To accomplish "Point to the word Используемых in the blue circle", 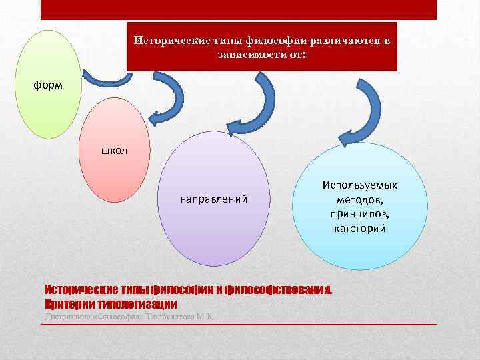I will pyautogui.click(x=360, y=185).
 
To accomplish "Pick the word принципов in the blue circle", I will pyautogui.click(x=360, y=214).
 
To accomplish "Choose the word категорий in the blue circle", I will pyautogui.click(x=360, y=229).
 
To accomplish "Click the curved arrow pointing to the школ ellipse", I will pyautogui.click(x=167, y=103).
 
